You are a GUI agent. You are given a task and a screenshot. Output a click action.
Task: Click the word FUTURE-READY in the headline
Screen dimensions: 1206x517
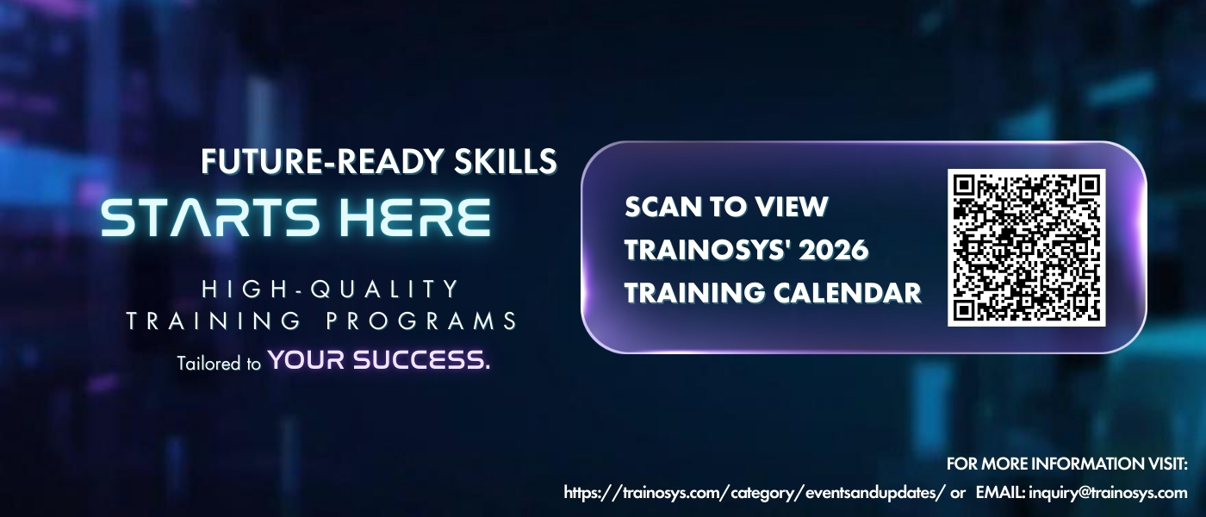(x=322, y=161)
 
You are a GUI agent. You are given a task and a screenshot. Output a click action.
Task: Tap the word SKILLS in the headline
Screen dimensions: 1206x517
(x=506, y=161)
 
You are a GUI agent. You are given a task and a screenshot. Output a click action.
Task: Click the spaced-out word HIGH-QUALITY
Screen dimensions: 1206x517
(x=330, y=290)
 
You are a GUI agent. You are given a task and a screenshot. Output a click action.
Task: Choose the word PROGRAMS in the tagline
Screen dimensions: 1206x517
(x=421, y=321)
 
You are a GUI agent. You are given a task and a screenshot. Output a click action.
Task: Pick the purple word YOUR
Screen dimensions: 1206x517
(x=307, y=360)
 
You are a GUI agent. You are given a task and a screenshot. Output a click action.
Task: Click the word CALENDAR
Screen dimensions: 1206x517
(x=848, y=293)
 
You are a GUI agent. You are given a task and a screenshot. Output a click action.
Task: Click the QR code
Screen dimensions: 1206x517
(x=1027, y=248)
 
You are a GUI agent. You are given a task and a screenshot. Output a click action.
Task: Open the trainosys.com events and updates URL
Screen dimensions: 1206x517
(x=755, y=493)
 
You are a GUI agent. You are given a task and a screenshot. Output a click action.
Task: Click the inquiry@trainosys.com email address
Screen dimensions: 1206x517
(x=1108, y=493)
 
